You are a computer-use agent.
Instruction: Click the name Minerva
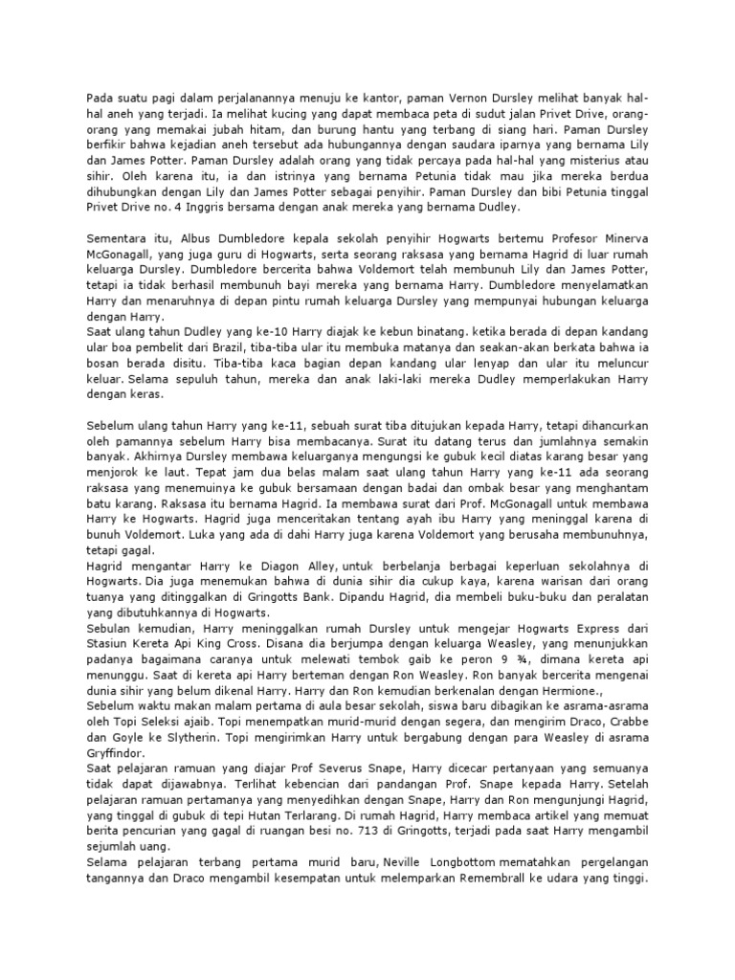point(617,237)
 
